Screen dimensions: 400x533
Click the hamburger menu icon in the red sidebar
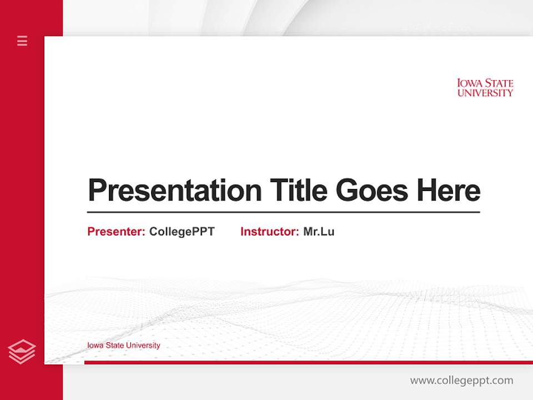[x=22, y=41]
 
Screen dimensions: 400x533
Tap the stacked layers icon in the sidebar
[x=22, y=352]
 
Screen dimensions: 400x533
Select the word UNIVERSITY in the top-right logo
[x=485, y=93]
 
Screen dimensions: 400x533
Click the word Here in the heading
[x=448, y=191]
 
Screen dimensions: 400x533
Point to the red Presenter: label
[x=117, y=232]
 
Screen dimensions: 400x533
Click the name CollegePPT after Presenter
[x=182, y=232]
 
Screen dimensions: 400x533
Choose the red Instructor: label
[x=270, y=232]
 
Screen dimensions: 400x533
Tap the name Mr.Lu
[x=319, y=232]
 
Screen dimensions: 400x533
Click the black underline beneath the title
[x=283, y=212]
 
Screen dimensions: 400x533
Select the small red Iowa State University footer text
[x=124, y=346]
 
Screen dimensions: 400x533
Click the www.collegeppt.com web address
[x=461, y=381]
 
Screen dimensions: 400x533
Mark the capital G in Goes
[x=347, y=191]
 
